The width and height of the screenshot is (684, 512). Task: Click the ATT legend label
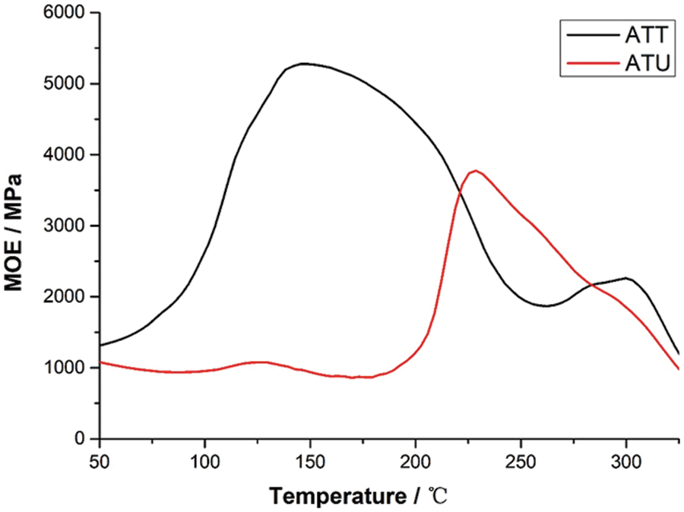(x=647, y=35)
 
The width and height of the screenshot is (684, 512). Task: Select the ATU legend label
(x=647, y=65)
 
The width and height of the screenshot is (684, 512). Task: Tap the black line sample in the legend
(x=590, y=35)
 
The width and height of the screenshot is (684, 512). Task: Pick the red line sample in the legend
(x=590, y=65)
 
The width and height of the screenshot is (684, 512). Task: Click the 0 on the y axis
(x=81, y=439)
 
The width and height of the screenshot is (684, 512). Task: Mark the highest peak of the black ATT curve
(x=304, y=64)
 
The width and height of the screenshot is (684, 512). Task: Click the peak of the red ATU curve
(x=476, y=171)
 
